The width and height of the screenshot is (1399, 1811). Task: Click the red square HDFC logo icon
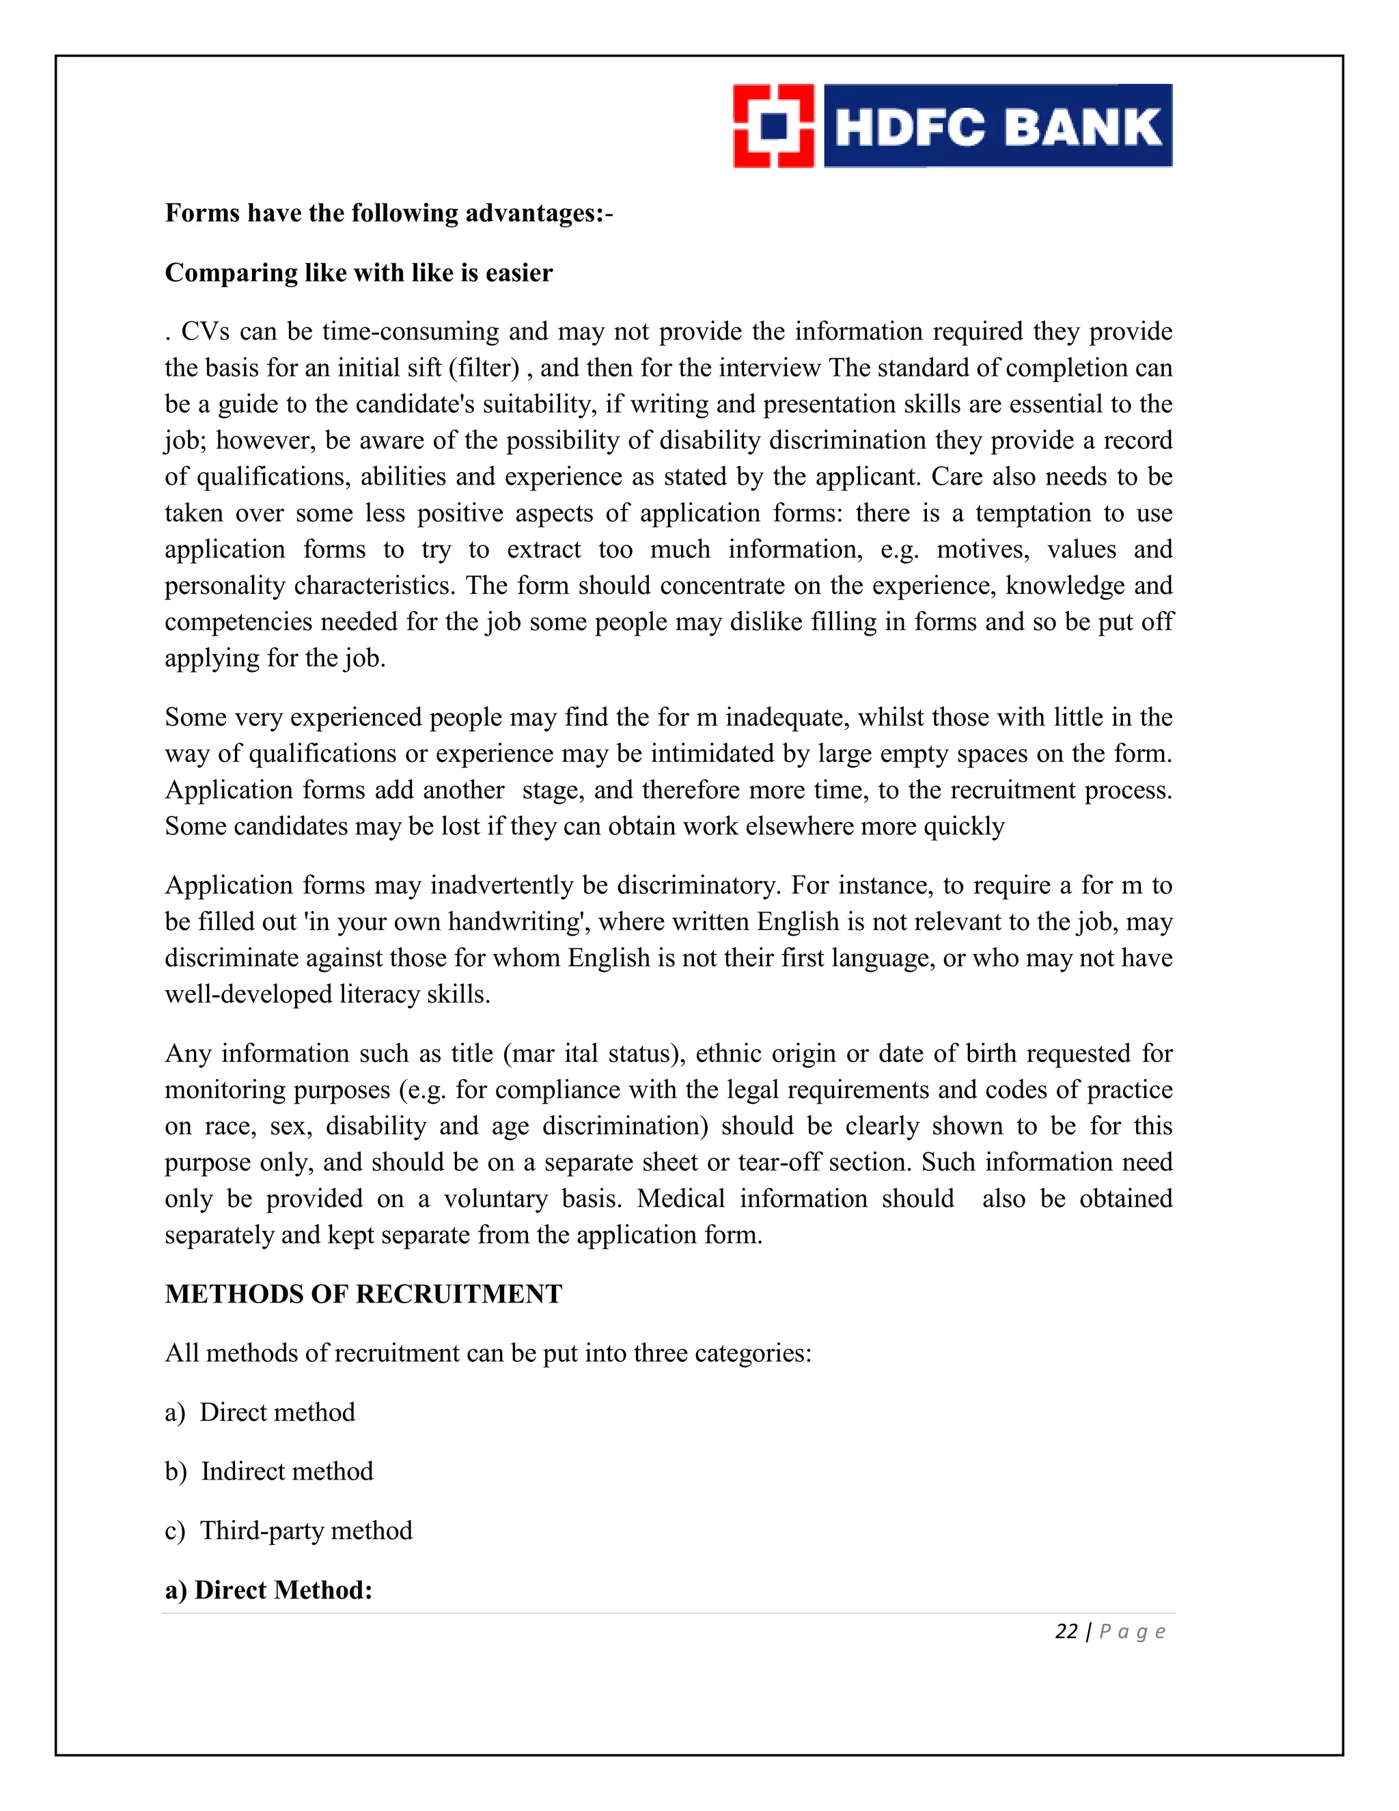pos(773,126)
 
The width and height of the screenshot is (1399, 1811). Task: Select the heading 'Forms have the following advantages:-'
pos(389,213)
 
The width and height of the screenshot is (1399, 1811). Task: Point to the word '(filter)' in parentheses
pos(483,368)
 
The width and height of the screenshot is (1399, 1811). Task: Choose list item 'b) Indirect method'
pos(269,1472)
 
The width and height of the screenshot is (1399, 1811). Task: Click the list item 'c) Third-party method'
pos(288,1531)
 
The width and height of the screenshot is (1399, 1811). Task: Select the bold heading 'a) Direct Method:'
pos(268,1590)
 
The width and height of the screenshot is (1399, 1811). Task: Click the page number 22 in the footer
pos(1066,1632)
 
